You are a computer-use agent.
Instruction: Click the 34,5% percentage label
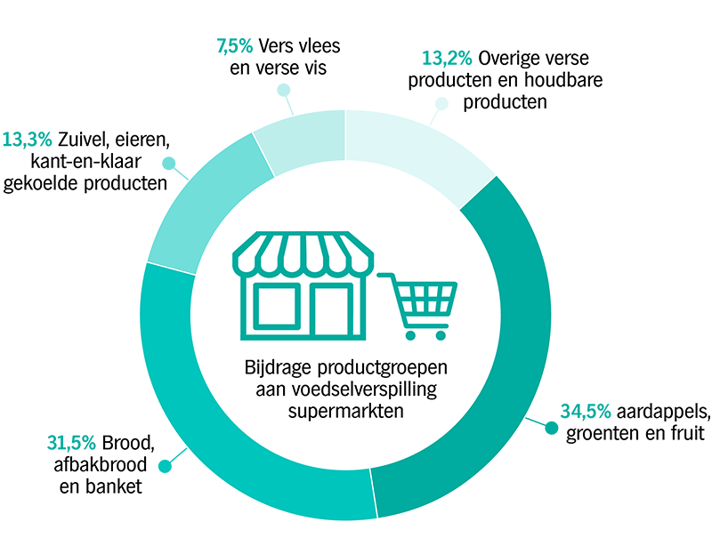coord(586,411)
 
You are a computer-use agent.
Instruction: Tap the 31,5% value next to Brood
coord(71,443)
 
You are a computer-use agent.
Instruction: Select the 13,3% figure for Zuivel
coord(28,140)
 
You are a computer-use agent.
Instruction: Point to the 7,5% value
coord(234,46)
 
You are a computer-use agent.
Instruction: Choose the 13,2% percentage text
coord(447,58)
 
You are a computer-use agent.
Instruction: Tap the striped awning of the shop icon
coord(303,254)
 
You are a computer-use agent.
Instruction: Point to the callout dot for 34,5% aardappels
coord(551,428)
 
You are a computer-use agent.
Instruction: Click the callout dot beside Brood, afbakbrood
coord(165,466)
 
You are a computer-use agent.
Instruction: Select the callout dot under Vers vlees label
coord(284,90)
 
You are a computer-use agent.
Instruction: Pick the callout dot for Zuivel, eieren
coord(169,164)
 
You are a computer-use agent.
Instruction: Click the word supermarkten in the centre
coord(346,412)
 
